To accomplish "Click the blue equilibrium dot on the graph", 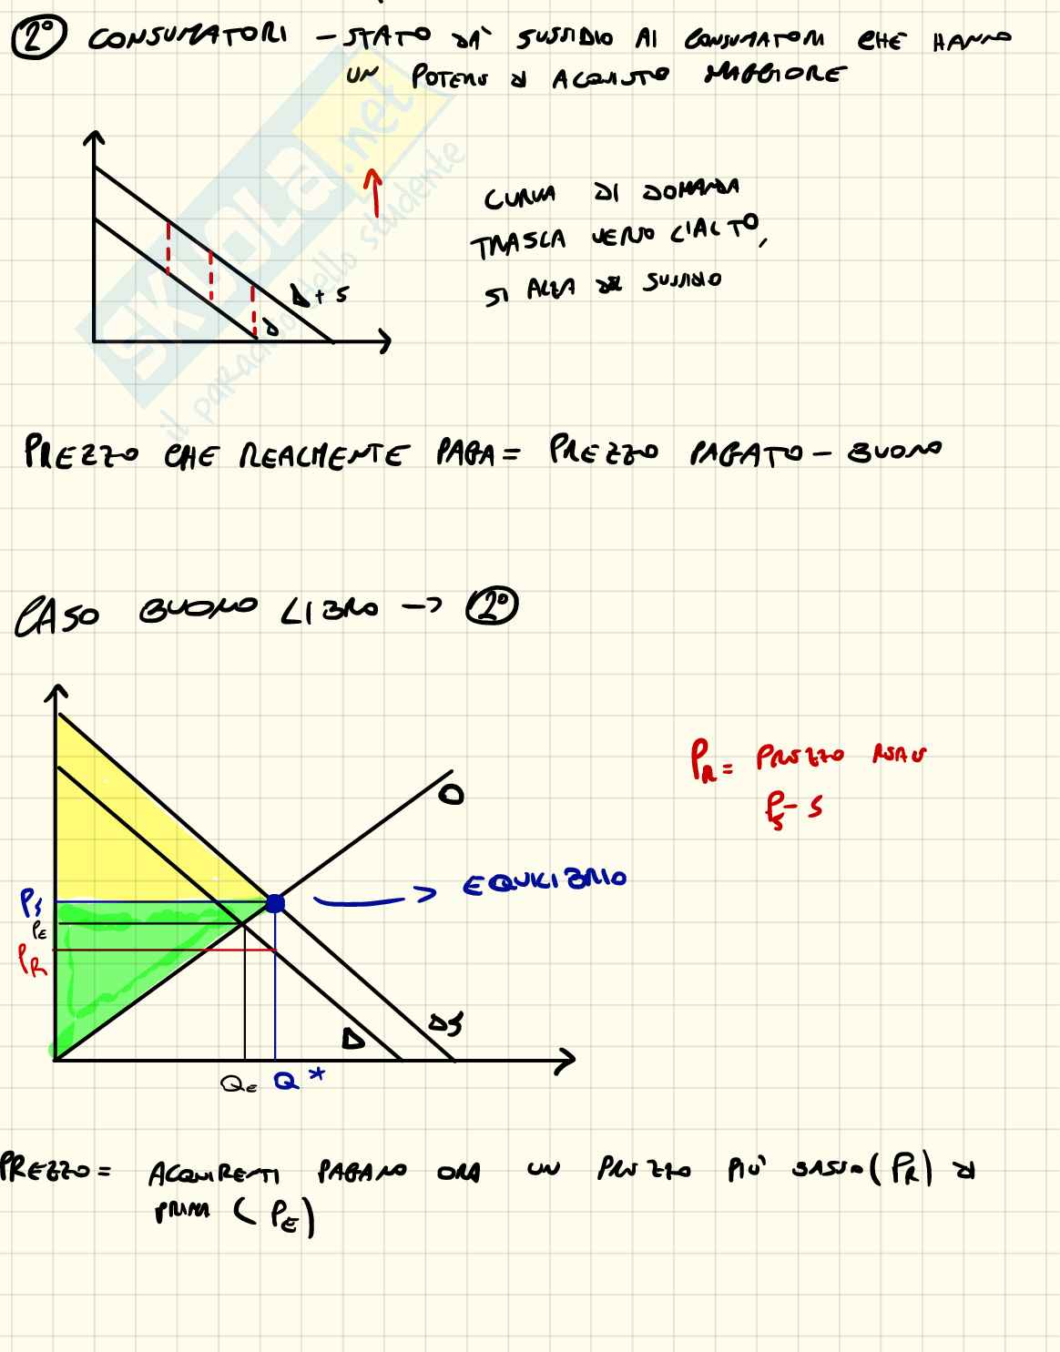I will (274, 903).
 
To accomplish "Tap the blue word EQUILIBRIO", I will (545, 881).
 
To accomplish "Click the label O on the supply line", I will (449, 795).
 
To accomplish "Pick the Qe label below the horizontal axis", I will (240, 1084).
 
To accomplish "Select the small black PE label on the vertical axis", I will (39, 930).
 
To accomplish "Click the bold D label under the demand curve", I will (352, 1038).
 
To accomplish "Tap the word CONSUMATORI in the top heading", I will (188, 38).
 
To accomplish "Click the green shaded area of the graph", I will (118, 965).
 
